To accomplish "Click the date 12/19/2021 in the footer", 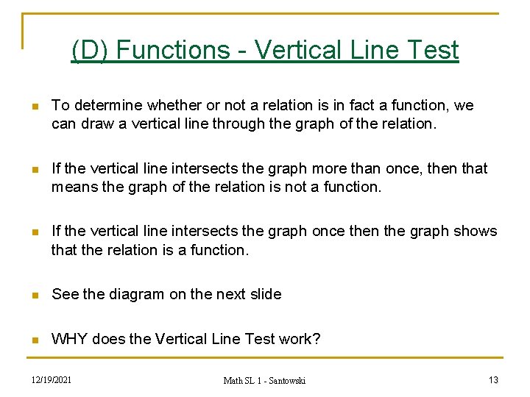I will [51, 379].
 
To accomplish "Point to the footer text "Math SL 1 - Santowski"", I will [264, 379].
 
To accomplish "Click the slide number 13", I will [493, 379].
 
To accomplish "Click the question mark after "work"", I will [317, 339].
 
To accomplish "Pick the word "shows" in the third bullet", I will [476, 231].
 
